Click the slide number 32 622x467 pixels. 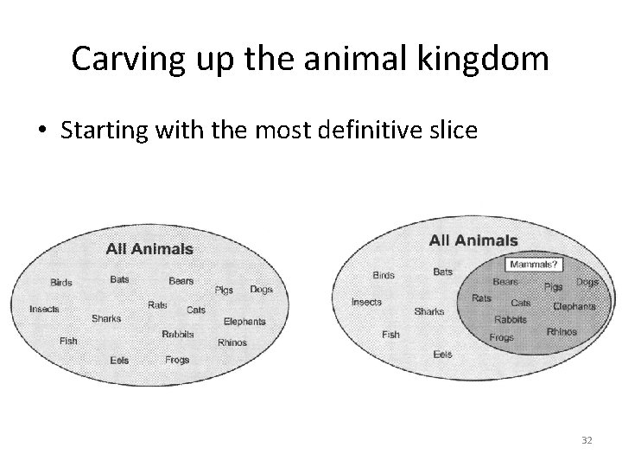coord(587,440)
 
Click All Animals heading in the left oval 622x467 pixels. coord(149,249)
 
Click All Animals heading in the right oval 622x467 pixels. coord(473,240)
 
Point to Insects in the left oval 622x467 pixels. coord(44,309)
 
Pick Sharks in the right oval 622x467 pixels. coord(429,311)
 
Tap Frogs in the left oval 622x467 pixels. coord(176,360)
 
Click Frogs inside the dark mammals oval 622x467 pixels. coord(501,337)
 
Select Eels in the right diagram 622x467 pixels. coord(442,354)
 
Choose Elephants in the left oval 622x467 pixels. coord(244,322)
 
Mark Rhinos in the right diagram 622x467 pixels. coord(562,331)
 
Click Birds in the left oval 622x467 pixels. coord(61,282)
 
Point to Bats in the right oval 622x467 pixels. coord(442,272)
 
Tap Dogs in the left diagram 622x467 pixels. coord(261,289)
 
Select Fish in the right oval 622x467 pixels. coord(390,334)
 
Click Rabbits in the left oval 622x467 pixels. coord(178,334)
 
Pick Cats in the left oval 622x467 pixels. coord(196,310)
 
